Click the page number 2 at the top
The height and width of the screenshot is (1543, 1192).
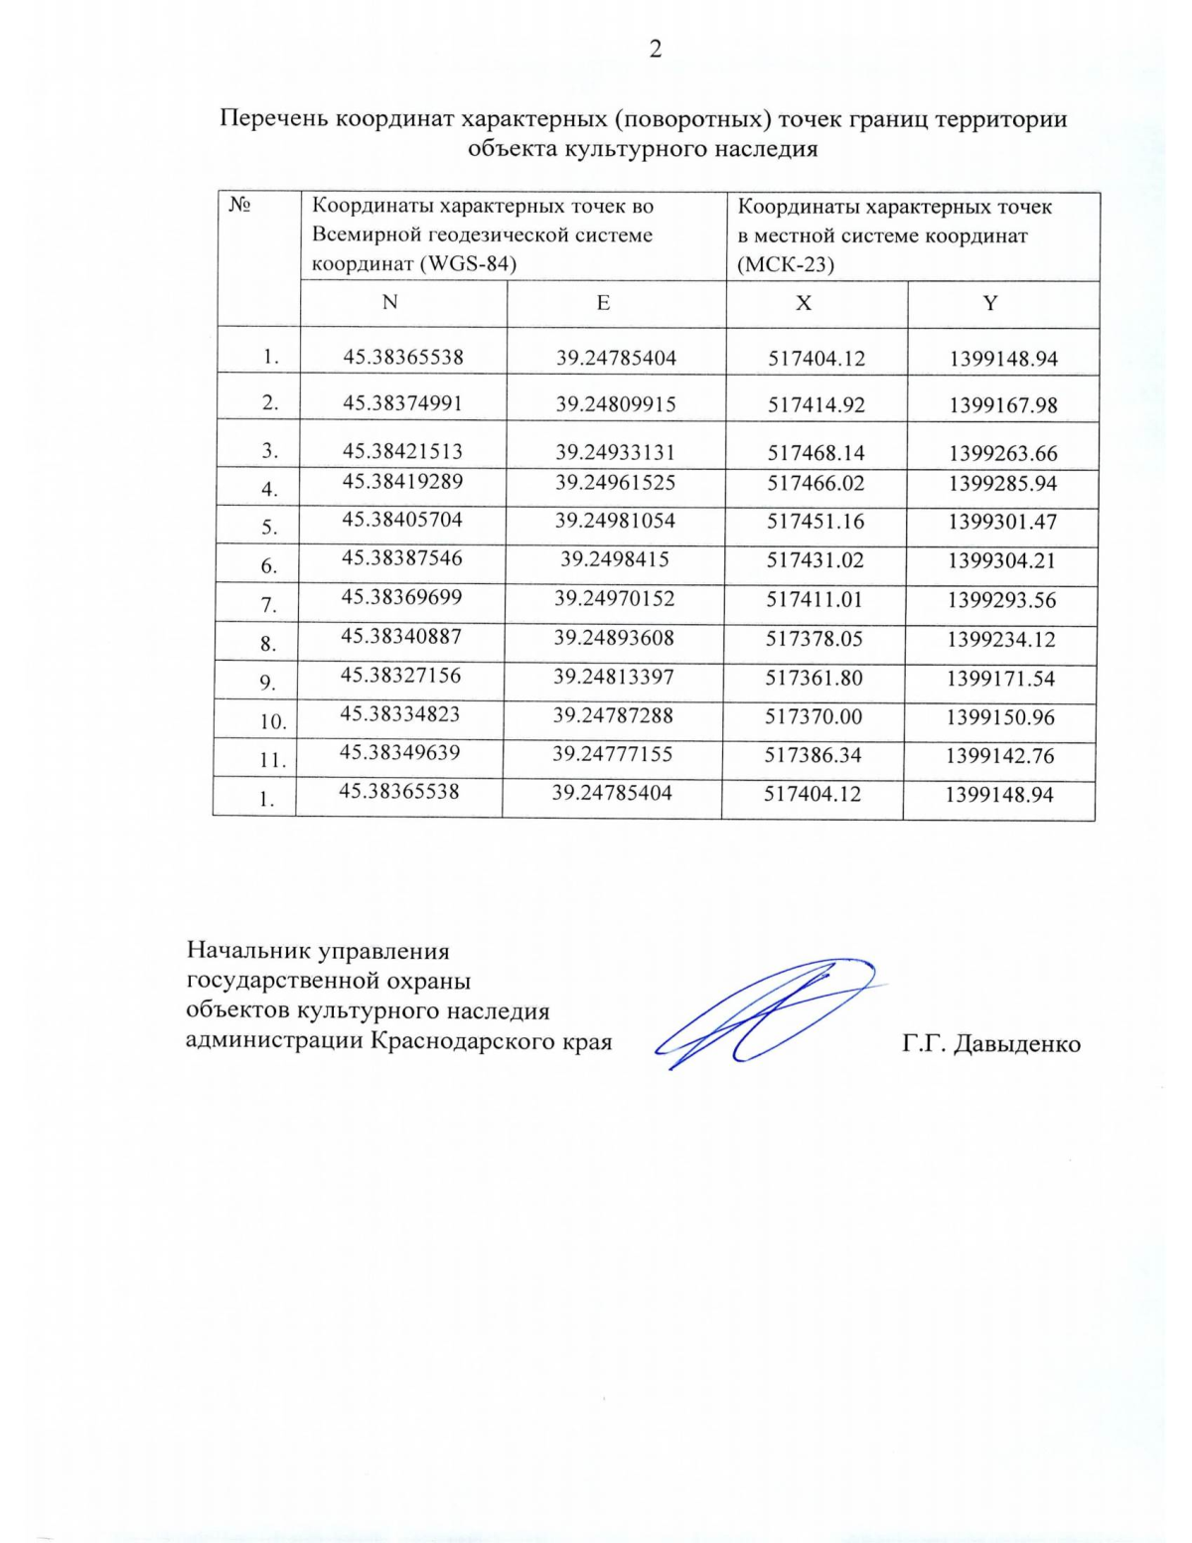[656, 50]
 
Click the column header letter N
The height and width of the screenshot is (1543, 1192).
[390, 302]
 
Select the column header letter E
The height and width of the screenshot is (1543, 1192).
[603, 303]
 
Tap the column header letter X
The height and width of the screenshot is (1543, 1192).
[804, 304]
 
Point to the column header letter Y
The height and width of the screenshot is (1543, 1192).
[990, 304]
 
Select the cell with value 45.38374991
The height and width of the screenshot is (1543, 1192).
[402, 402]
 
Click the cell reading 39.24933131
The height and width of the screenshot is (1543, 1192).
[615, 452]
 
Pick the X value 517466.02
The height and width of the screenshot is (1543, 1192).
[816, 483]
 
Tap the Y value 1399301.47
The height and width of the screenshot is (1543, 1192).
[1001, 522]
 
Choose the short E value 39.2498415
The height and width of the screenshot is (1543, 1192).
[614, 559]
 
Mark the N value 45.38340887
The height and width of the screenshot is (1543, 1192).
[401, 636]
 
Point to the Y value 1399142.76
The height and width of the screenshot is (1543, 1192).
[999, 756]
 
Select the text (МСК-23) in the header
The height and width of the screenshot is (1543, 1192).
[785, 264]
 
